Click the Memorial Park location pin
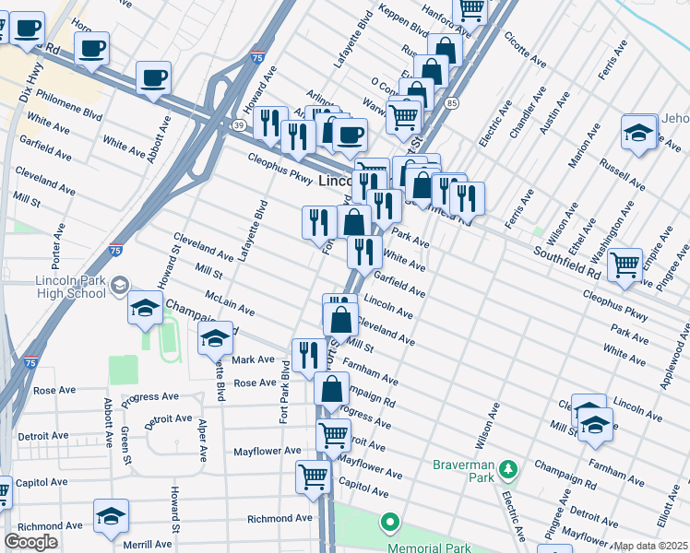click(389, 524)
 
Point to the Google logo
click(30, 542)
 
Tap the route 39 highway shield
click(238, 125)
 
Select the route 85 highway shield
click(451, 103)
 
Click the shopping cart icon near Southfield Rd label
click(625, 265)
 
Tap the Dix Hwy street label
click(33, 80)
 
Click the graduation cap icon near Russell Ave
click(637, 133)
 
